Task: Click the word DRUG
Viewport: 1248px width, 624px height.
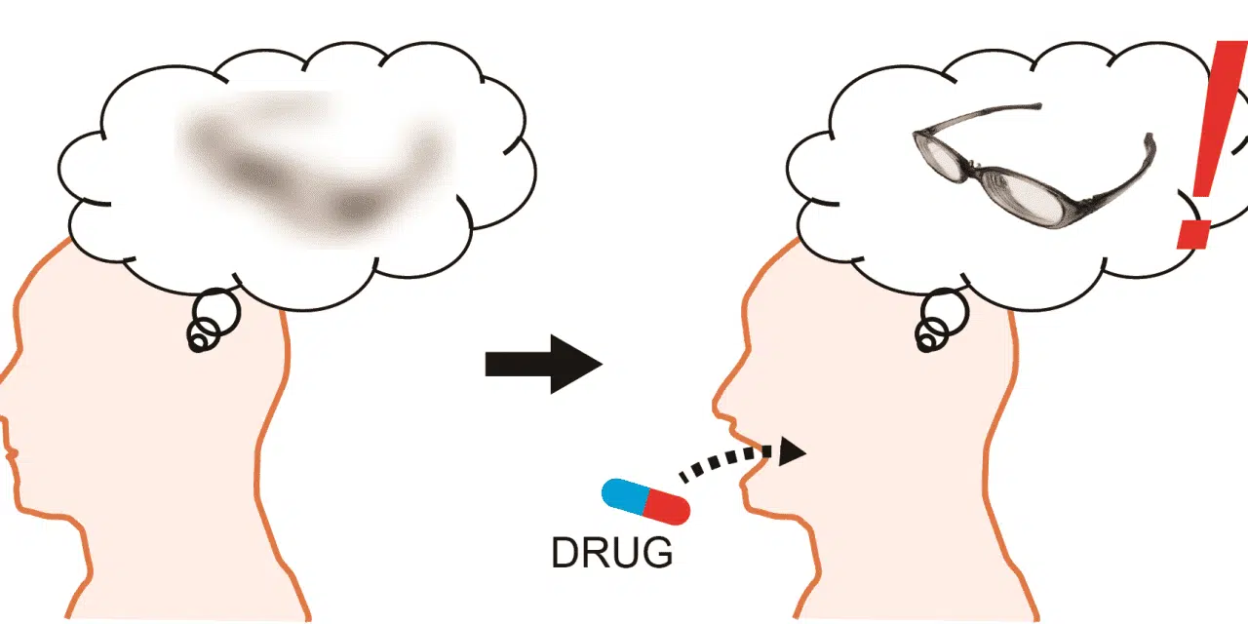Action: [611, 553]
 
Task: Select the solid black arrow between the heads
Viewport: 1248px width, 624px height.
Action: [544, 364]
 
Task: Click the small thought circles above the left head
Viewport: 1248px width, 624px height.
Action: [213, 321]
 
